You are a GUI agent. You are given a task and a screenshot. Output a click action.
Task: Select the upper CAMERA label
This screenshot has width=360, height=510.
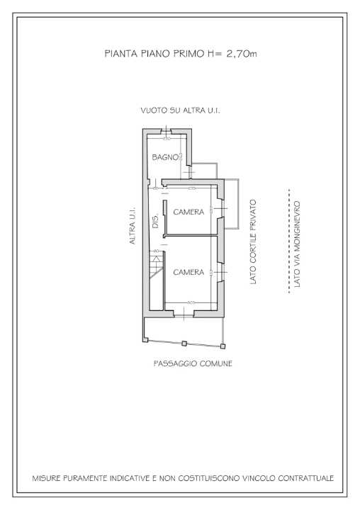189,212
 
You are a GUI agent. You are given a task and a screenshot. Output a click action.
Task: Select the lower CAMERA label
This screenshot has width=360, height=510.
189,272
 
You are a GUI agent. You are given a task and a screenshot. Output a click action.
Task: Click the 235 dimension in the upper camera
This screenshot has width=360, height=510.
191,188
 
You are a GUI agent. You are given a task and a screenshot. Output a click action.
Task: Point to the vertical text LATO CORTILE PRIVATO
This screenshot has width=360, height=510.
253,243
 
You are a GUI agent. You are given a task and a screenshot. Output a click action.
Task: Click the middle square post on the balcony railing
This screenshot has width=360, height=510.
184,344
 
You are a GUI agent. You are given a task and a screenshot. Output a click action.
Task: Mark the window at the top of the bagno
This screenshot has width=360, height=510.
167,130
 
